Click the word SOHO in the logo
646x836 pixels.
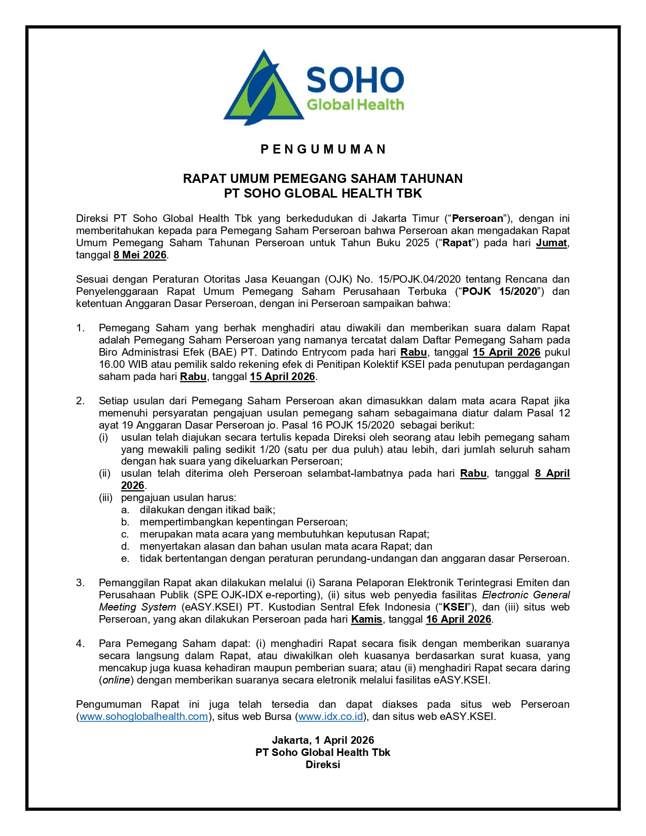pos(355,80)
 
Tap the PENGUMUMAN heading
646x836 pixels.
pos(323,149)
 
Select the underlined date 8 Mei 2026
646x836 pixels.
pos(140,255)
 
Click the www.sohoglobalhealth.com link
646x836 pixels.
pos(144,716)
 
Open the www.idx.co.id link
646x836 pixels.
pos(331,716)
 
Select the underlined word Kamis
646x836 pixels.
pos(366,619)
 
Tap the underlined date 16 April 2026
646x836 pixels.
pos(459,619)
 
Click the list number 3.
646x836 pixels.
pos(81,583)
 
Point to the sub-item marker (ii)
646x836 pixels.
pos(104,473)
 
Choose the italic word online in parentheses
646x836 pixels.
pos(116,680)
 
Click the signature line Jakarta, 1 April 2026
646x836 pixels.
pos(323,740)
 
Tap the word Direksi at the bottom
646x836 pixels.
pos(323,765)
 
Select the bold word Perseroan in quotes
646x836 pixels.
pos(477,218)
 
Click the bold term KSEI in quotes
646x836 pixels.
pos(455,607)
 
